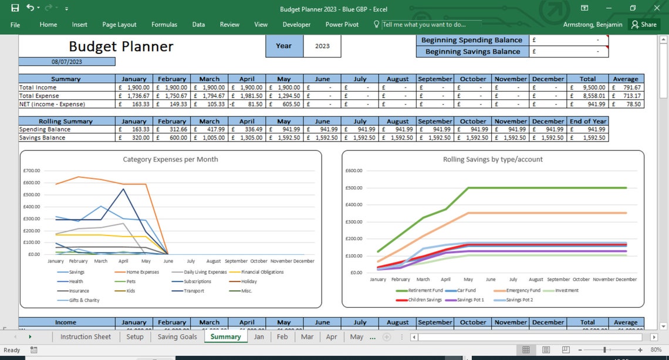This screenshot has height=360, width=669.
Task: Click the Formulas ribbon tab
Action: tap(164, 25)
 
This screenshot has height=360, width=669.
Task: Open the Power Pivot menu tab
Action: tap(342, 25)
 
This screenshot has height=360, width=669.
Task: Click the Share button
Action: tap(643, 25)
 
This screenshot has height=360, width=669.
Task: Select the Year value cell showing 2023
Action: tap(322, 46)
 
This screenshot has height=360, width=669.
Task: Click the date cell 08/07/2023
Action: tap(66, 62)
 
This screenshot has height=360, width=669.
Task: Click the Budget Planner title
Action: tap(121, 46)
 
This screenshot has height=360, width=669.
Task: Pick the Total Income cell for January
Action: tap(134, 88)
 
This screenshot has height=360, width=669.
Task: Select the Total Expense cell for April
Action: tap(246, 96)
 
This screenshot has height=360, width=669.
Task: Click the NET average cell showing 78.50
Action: tap(626, 104)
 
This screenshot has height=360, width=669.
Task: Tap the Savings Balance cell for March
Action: tap(209, 138)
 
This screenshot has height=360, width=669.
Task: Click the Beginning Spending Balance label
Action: tap(471, 40)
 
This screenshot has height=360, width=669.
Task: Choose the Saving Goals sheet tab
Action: tap(177, 337)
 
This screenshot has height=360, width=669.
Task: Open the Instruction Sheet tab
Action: tap(85, 337)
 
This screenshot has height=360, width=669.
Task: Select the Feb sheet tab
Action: tap(282, 337)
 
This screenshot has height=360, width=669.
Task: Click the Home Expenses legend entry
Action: tap(142, 272)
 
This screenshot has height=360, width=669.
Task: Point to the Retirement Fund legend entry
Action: tap(425, 290)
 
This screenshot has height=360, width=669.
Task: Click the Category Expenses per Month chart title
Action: tap(170, 159)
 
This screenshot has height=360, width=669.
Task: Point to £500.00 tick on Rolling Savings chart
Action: tap(354, 188)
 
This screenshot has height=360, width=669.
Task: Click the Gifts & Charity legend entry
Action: tap(84, 300)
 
